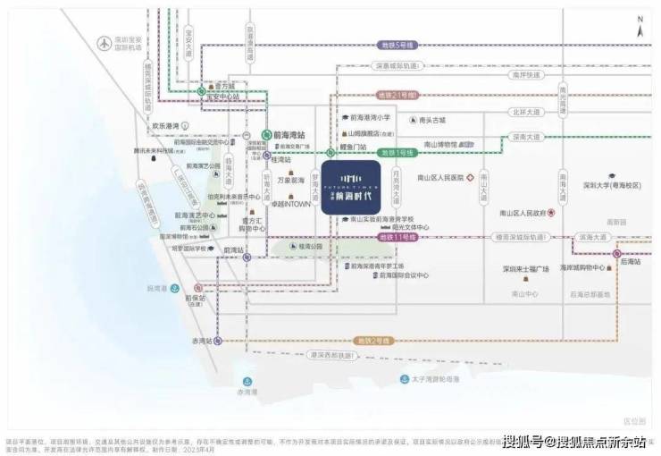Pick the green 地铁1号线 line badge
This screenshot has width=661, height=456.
tap(397, 153)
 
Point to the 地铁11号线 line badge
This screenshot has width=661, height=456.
tap(398, 238)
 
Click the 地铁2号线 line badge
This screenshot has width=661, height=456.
tap(398, 341)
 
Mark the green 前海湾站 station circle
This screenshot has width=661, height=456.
tap(265, 134)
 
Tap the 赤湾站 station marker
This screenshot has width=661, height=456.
tap(217, 341)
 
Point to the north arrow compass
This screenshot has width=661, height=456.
tap(640, 27)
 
